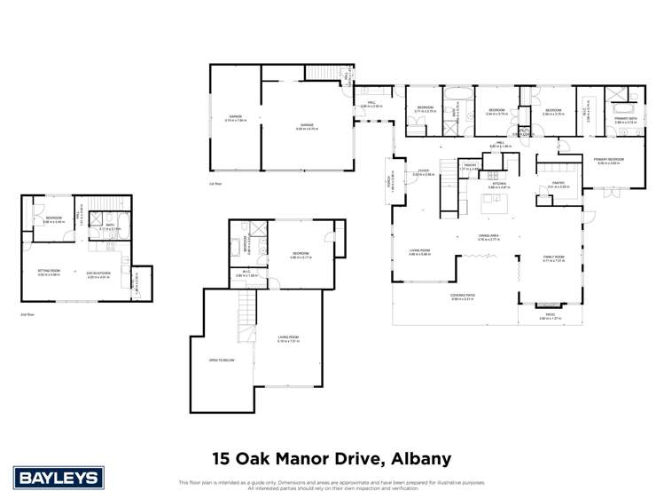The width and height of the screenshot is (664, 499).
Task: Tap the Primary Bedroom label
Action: coord(611,160)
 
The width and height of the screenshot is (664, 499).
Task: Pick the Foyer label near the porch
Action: coord(421,172)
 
